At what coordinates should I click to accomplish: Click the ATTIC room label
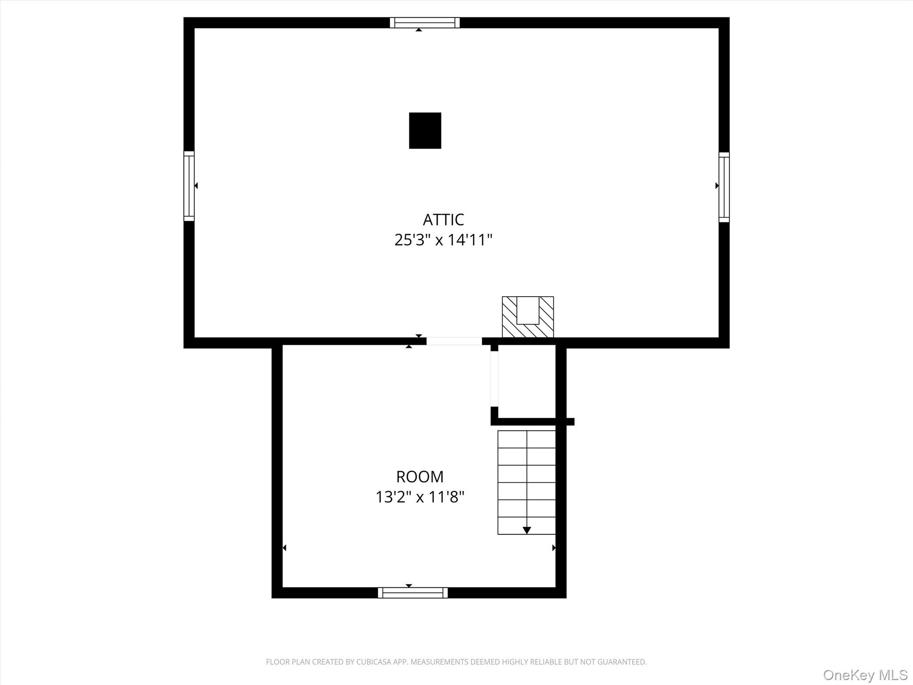[443, 219]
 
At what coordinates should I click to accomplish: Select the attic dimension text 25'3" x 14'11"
[443, 240]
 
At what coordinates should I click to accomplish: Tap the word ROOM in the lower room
[420, 477]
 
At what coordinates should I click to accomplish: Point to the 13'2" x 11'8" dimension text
[420, 497]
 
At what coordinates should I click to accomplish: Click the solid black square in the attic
[425, 130]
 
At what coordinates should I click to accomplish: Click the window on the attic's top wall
[425, 23]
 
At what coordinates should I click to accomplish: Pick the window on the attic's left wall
[189, 186]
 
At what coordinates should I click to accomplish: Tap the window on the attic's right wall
[724, 187]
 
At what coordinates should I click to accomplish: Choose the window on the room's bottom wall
[413, 593]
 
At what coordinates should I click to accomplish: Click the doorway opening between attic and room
[454, 341]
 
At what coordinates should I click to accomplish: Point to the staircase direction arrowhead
[527, 530]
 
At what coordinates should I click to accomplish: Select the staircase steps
[527, 483]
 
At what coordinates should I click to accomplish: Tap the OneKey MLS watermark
[865, 675]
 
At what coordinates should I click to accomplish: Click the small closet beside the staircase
[527, 381]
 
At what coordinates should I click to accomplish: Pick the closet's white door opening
[494, 379]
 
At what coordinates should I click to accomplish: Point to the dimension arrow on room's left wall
[284, 548]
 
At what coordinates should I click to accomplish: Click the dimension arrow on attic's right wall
[717, 186]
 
